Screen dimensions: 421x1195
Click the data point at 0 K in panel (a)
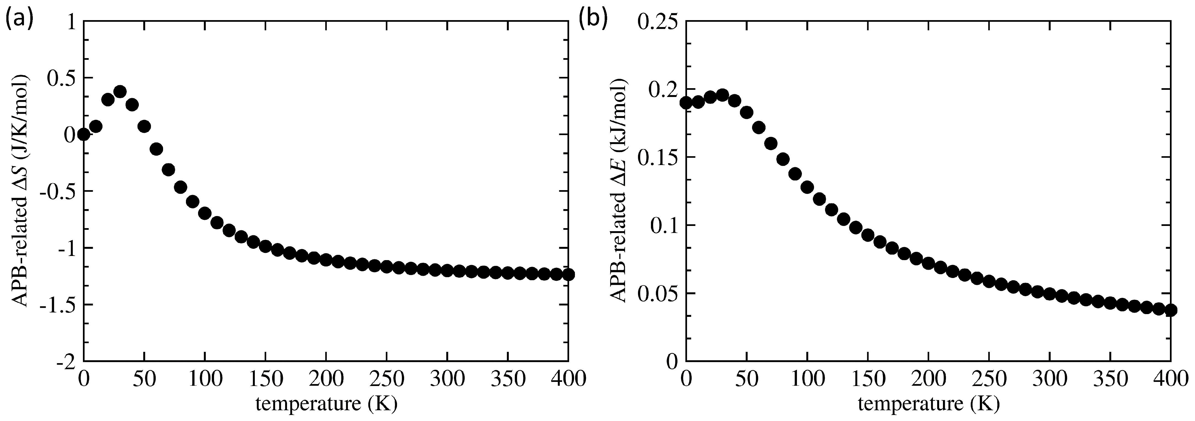(84, 135)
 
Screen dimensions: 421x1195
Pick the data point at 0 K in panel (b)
(686, 102)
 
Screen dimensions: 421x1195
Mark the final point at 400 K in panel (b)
(1170, 310)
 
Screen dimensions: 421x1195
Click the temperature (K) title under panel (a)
(326, 405)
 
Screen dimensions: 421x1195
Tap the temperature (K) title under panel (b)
(928, 405)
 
